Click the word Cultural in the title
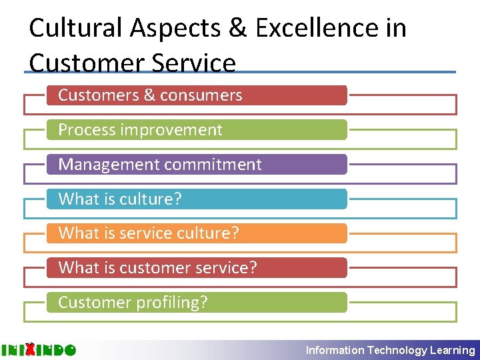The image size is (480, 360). [x=75, y=28]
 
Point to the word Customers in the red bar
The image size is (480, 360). [x=98, y=95]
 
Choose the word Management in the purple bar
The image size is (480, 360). [x=103, y=165]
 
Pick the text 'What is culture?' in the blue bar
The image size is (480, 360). [x=120, y=199]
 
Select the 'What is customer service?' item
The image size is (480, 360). [x=157, y=268]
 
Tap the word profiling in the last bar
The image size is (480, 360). [x=171, y=303]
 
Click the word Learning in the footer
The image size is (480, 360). [x=453, y=350]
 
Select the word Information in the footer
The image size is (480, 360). [x=335, y=350]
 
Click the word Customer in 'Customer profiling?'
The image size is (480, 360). [x=95, y=303]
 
